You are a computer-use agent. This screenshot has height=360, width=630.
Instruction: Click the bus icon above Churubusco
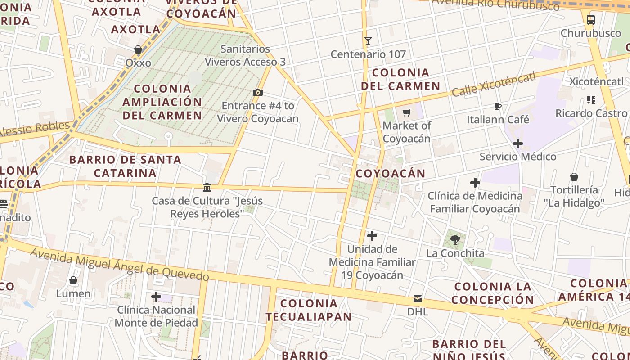coord(591,20)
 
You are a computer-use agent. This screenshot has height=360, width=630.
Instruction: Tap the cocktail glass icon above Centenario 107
coord(368,41)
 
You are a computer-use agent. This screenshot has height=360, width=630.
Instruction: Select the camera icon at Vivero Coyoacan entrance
coord(258,93)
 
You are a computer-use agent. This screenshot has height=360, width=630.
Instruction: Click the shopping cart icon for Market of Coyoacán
coord(407,112)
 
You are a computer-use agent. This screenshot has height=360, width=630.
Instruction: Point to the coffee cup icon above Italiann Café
coord(497,106)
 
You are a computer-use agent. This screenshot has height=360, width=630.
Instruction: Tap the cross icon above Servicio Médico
coord(518,144)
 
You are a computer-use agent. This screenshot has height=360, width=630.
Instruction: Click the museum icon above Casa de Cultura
coord(207,187)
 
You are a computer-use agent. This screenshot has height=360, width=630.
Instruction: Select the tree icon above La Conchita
coord(455,239)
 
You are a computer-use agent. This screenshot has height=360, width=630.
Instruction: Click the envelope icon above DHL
coord(418,298)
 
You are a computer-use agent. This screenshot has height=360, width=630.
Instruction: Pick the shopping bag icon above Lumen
coord(73,280)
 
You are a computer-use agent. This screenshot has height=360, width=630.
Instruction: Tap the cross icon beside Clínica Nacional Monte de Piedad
coord(156,297)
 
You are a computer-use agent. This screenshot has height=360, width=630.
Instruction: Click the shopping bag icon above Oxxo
coord(138,49)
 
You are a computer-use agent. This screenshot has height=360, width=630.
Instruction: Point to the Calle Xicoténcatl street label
coord(494,84)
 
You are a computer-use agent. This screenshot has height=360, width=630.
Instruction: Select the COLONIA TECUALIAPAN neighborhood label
coord(309,310)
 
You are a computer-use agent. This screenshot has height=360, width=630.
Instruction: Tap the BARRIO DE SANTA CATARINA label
coord(125,166)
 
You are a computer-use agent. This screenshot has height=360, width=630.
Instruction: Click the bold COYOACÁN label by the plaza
coord(391,174)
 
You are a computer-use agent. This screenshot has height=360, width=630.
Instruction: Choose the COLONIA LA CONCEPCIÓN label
coord(493,293)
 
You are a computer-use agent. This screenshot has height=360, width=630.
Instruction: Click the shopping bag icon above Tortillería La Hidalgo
coord(574,176)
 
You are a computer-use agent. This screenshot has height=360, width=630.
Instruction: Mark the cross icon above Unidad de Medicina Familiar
coord(372,236)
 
